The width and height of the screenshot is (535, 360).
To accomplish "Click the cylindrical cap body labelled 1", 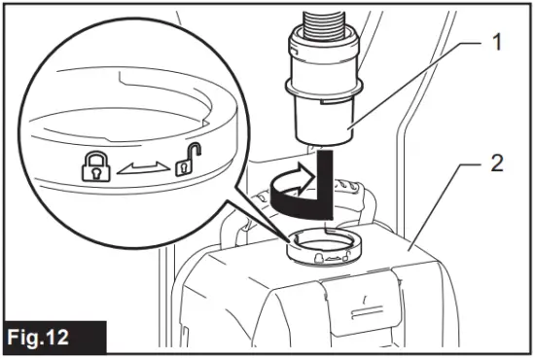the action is (322, 117).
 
